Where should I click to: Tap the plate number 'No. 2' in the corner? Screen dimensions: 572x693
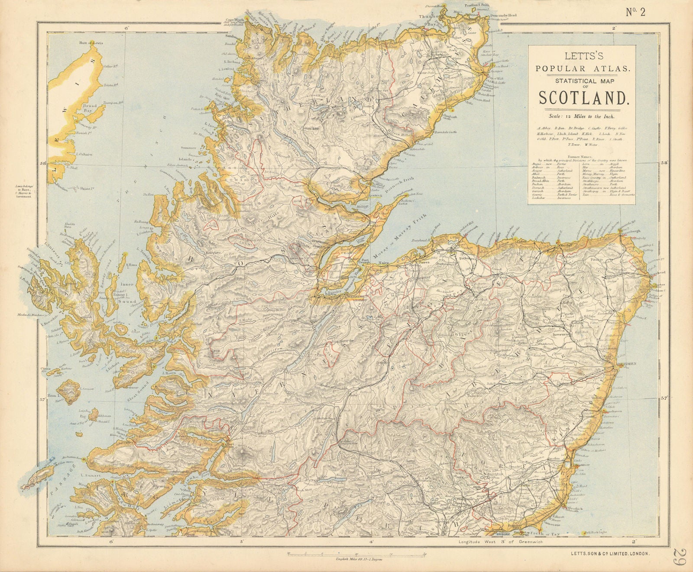coord(635,12)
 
